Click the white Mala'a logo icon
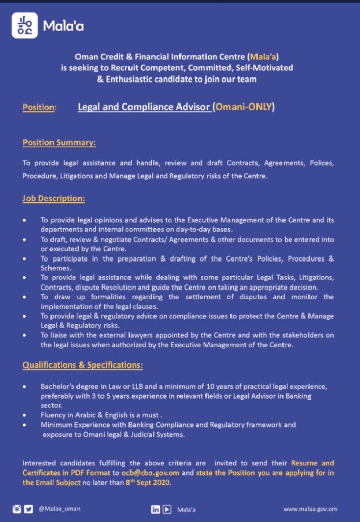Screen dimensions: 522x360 24,25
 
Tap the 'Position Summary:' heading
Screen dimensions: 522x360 59,143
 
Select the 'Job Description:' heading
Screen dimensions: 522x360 54,198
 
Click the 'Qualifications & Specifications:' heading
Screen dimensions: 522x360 83,365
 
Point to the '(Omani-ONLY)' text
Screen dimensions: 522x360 244,107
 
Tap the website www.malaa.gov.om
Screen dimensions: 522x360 310,509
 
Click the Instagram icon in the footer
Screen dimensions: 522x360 17,509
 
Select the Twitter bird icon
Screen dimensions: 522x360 29,509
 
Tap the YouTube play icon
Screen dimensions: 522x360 167,509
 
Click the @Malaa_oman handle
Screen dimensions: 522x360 60,509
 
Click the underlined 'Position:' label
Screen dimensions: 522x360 39,108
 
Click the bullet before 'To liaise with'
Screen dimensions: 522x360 25,335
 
